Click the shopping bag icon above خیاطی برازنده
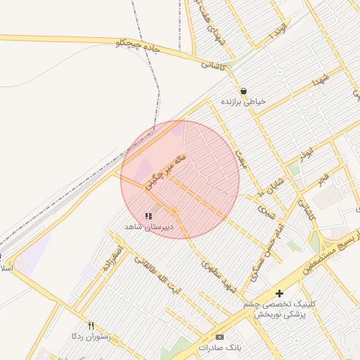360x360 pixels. point(243,91)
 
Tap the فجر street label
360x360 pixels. point(323,178)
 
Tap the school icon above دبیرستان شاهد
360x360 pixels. point(148,217)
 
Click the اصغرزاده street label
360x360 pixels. point(112,257)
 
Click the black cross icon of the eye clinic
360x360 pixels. point(280,292)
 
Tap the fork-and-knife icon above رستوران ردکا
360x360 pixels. point(91,326)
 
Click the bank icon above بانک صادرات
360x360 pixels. point(220,337)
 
